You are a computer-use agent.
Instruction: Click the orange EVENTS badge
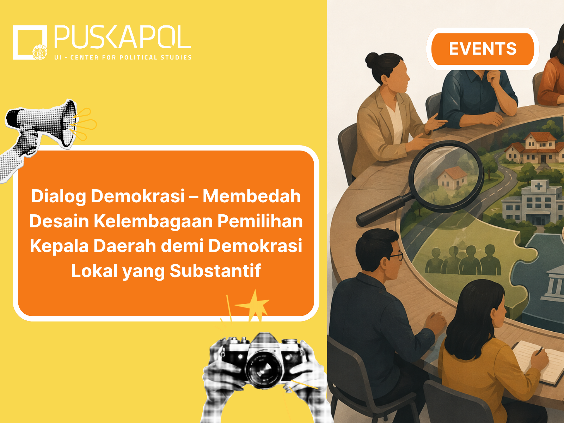point(483,49)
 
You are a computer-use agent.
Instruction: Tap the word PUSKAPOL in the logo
point(123,37)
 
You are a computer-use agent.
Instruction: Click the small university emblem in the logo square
point(40,52)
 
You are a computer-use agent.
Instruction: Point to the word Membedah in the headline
point(252,196)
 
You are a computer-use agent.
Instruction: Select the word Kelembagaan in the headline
point(153,221)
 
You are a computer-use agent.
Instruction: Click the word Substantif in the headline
point(215,271)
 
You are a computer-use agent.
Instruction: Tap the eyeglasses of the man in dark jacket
point(397,256)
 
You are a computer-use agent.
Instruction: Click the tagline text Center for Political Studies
point(131,57)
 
